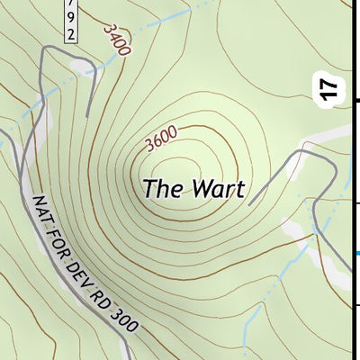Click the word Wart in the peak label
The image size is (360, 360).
[219, 189]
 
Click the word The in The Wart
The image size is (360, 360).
[163, 189]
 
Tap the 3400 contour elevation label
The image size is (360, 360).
[116, 39]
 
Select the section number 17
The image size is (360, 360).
[329, 88]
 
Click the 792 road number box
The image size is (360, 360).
[71, 21]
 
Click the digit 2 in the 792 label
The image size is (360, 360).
[71, 33]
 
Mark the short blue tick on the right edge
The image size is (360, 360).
[356, 253]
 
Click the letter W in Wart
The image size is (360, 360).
[201, 189]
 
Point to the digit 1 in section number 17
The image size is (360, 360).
[329, 95]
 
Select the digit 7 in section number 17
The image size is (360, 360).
[329, 83]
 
